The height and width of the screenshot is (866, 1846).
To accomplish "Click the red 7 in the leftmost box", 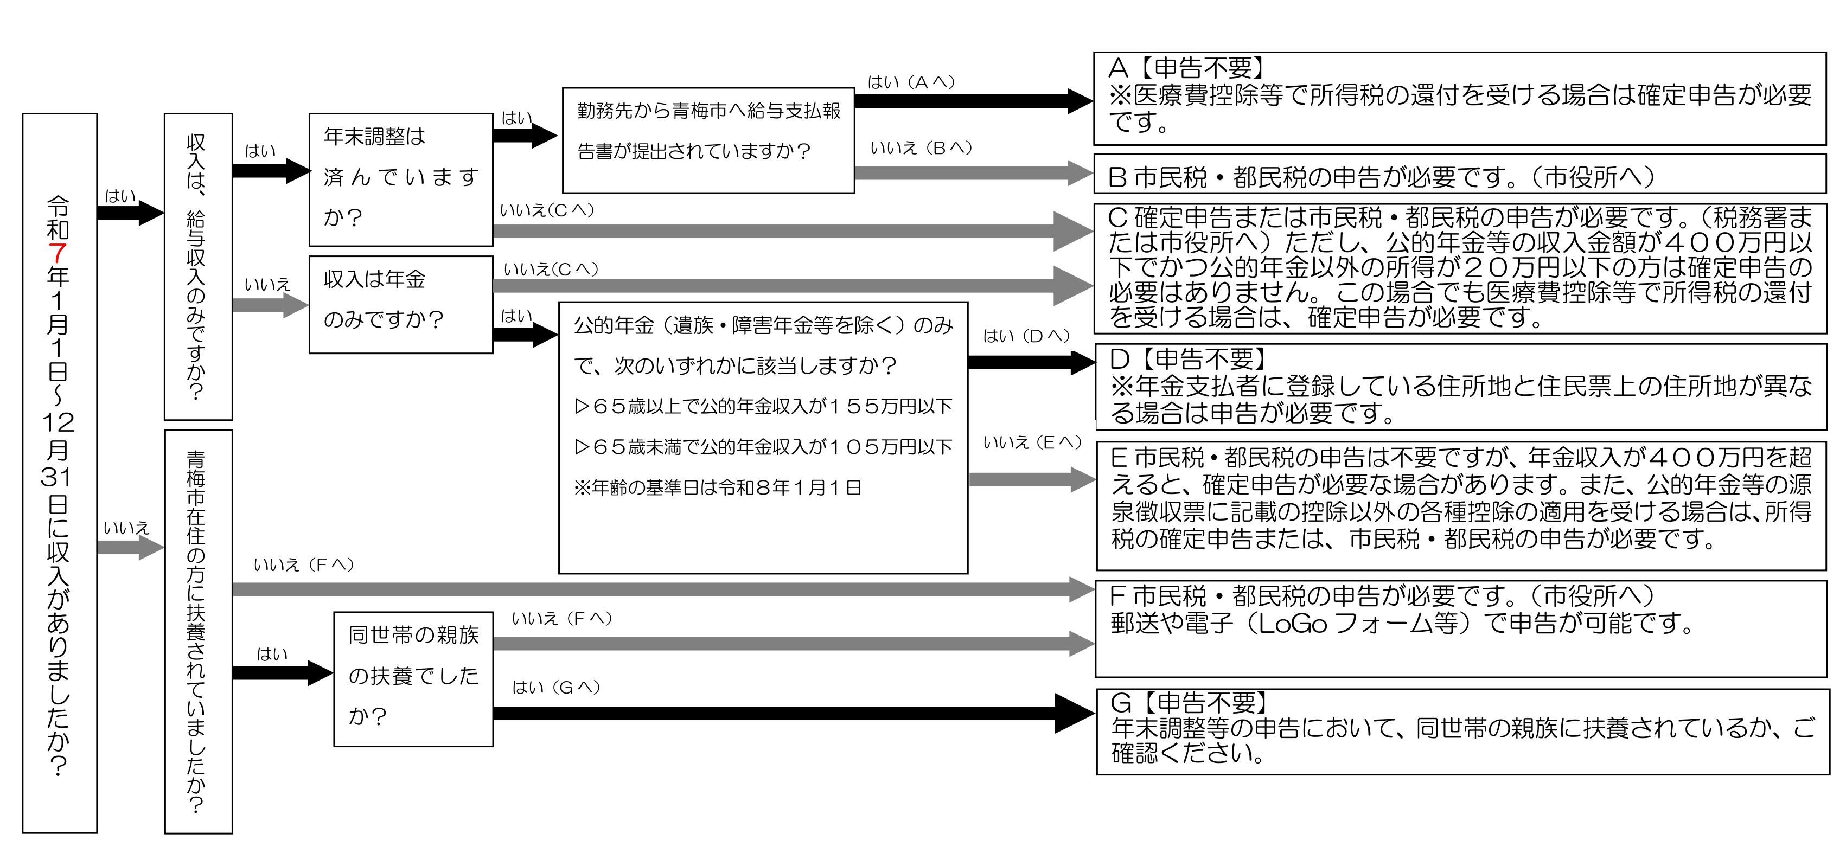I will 58,253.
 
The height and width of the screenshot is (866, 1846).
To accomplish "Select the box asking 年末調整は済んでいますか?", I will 400,179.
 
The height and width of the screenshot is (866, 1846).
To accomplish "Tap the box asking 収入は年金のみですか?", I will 400,304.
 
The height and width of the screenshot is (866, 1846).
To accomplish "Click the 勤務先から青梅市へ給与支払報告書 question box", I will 708,140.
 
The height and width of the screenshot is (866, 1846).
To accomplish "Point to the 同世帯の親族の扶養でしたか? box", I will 413,678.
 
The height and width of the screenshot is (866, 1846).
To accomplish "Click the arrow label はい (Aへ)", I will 911,82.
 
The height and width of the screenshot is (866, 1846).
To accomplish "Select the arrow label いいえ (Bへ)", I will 921,148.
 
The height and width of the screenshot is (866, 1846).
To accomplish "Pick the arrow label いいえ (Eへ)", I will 1032,442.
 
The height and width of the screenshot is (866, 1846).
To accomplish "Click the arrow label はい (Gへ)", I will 555,688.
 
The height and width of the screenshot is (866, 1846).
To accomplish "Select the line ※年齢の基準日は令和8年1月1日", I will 717,488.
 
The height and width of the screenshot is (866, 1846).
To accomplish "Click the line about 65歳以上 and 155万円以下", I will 763,406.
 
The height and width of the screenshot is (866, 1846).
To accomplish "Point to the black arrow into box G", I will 788,713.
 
